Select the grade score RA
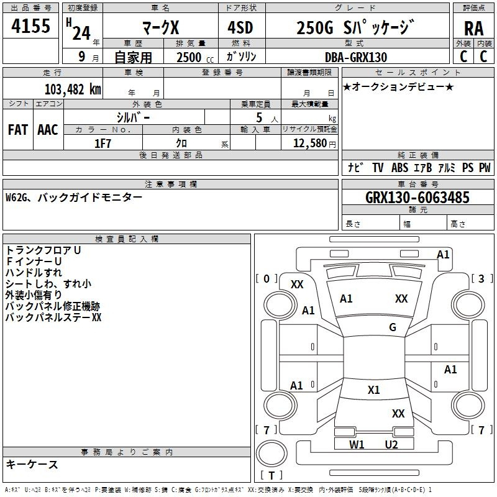473,28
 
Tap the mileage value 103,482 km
73,88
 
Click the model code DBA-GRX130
355,57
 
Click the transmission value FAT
17,130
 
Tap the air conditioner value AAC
47,130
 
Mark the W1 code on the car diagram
357,444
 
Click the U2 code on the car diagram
391,444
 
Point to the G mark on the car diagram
393,327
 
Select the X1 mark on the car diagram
373,390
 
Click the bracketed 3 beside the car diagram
481,278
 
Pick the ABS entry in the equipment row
399,168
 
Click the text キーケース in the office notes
32,464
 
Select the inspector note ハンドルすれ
34,272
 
